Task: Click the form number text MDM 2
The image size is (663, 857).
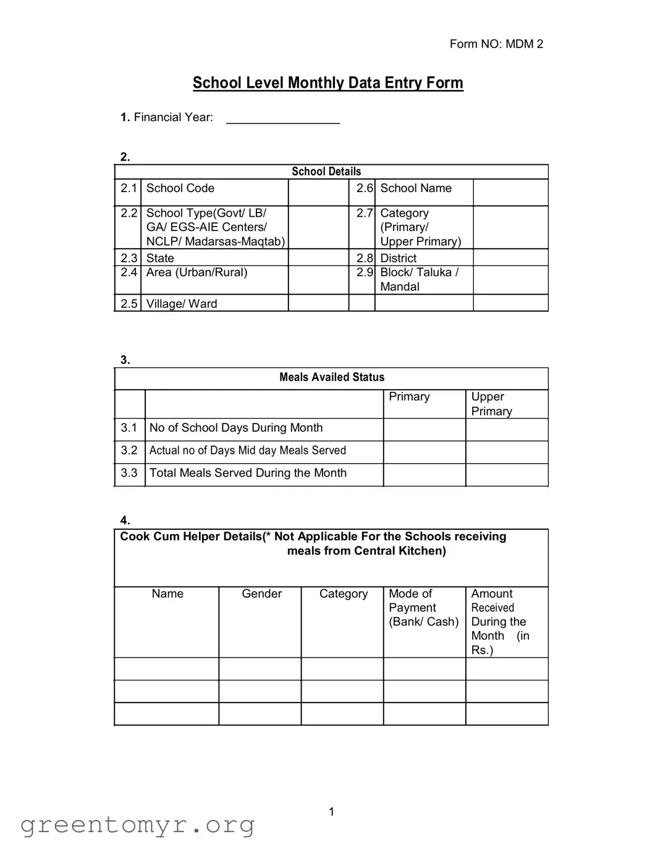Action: (496, 44)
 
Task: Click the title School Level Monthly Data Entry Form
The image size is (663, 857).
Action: (327, 83)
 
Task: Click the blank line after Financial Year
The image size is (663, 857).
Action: (283, 119)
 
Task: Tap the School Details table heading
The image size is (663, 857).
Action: (326, 172)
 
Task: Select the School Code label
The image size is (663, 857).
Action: (180, 188)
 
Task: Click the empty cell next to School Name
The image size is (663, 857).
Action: (510, 192)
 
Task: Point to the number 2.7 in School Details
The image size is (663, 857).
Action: (365, 213)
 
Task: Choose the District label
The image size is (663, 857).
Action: (399, 258)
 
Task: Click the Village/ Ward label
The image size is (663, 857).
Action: (182, 304)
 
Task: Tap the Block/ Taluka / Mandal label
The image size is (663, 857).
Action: (419, 279)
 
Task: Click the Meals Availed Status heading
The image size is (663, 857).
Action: (332, 377)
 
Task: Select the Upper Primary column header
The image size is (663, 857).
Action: (492, 404)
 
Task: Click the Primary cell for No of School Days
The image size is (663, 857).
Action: (424, 430)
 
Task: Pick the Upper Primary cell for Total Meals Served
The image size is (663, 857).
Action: (507, 475)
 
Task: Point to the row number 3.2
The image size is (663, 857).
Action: (129, 451)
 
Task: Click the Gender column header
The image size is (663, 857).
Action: (261, 594)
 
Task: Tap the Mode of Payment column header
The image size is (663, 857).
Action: (423, 608)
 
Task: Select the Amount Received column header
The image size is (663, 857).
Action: (499, 621)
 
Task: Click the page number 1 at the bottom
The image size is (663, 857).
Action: (331, 812)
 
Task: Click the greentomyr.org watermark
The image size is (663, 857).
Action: (137, 825)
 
